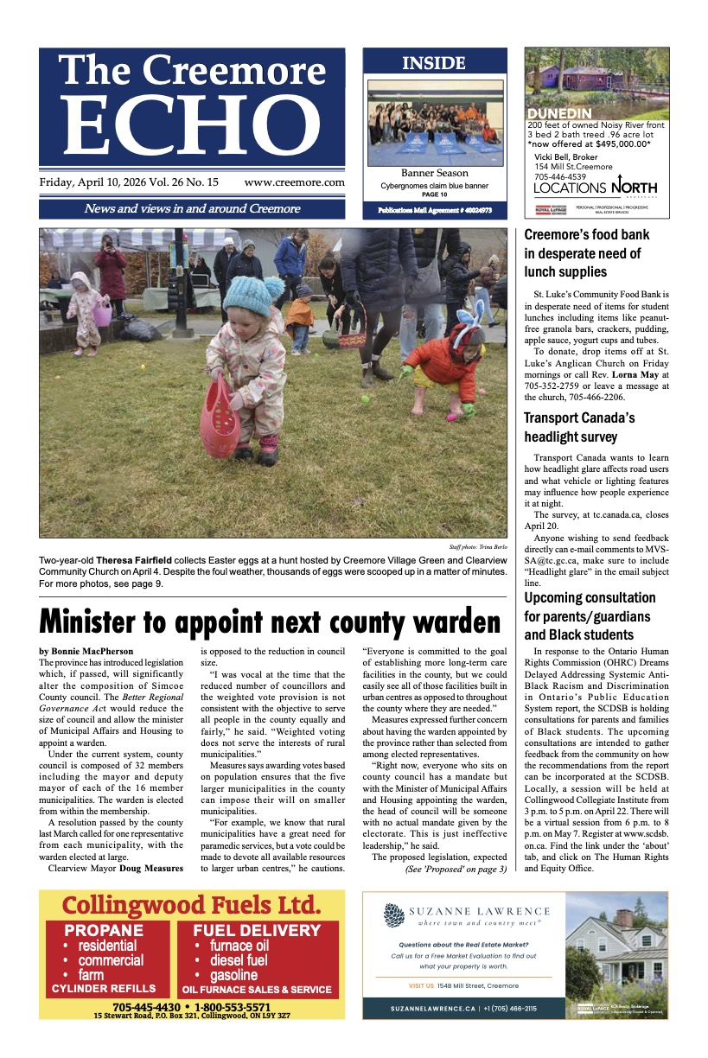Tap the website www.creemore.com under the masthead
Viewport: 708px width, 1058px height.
[294, 182]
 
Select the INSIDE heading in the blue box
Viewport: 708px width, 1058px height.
[434, 63]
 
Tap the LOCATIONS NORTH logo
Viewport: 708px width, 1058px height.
[595, 188]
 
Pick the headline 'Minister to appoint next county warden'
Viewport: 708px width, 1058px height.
[270, 621]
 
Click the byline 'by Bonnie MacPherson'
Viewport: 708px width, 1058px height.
[87, 649]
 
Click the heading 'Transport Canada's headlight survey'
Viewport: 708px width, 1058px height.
[579, 428]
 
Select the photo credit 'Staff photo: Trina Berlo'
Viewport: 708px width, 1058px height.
[477, 547]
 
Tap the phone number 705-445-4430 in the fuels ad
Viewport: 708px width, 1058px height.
[146, 1007]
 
